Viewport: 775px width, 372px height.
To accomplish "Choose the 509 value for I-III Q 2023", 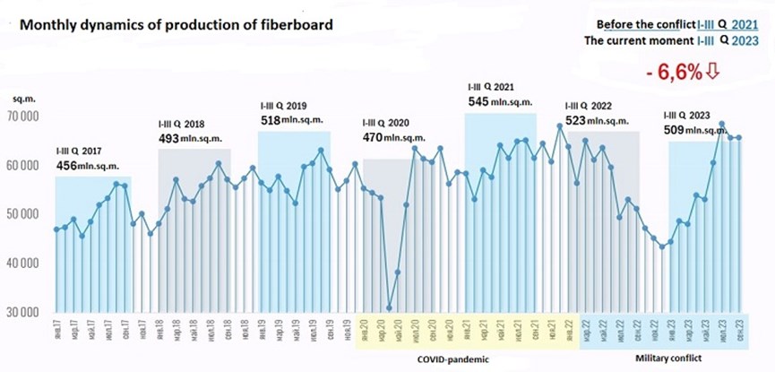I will click(674, 130).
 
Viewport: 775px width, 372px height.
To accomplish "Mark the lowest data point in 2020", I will click(390, 307).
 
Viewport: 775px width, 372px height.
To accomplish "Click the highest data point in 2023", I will click(721, 125).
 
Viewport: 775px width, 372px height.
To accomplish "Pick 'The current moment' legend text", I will click(638, 41).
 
